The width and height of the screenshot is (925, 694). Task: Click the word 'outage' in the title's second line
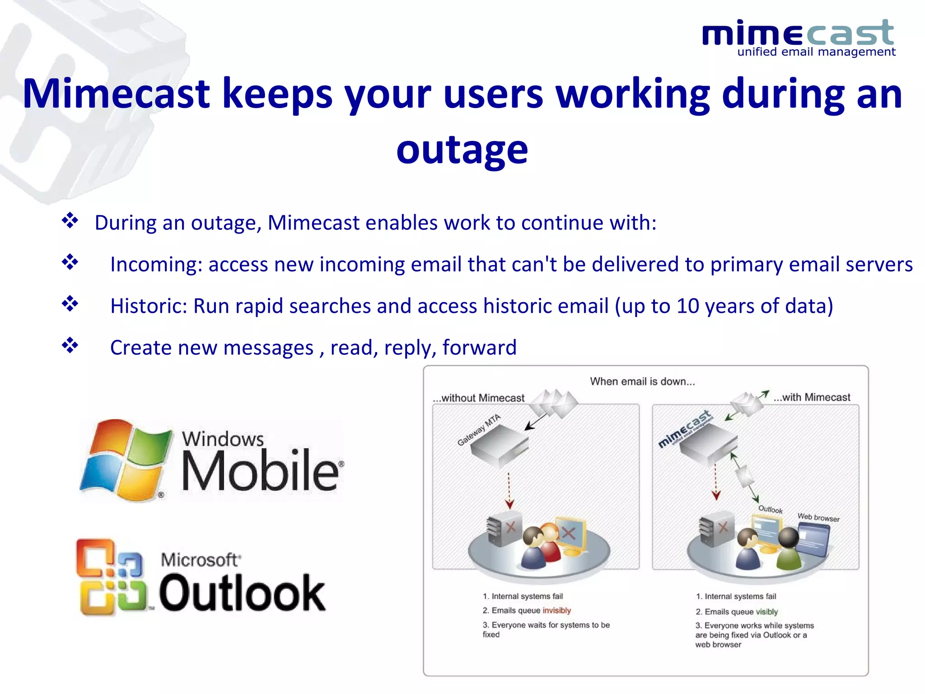pos(462,150)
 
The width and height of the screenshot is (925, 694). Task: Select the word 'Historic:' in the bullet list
pos(149,306)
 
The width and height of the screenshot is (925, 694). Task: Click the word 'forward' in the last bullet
pos(479,348)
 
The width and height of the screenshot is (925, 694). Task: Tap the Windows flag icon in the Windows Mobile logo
pos(126,460)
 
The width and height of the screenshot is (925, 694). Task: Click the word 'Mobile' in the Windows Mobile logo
pos(260,471)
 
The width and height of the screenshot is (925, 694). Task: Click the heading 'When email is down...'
pos(642,382)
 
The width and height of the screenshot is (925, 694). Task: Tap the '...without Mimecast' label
pos(478,398)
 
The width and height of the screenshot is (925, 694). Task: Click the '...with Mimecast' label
pos(812,398)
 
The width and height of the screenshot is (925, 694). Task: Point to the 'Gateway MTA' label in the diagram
pos(479,430)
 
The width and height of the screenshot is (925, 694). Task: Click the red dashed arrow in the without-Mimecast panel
pos(509,490)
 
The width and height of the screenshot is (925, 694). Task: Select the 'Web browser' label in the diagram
pos(818,518)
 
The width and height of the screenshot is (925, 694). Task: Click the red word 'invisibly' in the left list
pos(556,611)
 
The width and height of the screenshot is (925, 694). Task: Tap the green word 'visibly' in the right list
pos(766,612)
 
